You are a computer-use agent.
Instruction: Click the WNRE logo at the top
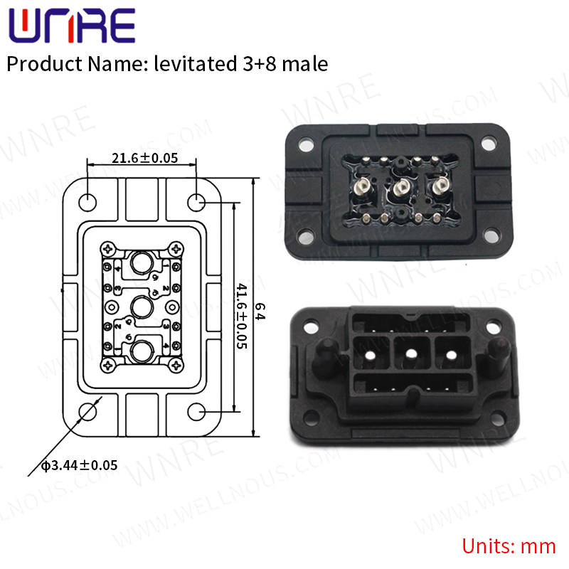tap(71, 27)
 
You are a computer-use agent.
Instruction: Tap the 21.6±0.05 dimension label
tap(144, 158)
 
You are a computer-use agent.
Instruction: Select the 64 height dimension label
tap(260, 311)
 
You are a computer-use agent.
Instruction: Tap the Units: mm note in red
tap(509, 546)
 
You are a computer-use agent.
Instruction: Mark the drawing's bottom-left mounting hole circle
tap(87, 412)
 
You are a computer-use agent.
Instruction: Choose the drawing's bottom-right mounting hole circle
tap(198, 412)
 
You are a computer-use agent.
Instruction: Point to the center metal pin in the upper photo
tap(401, 189)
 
